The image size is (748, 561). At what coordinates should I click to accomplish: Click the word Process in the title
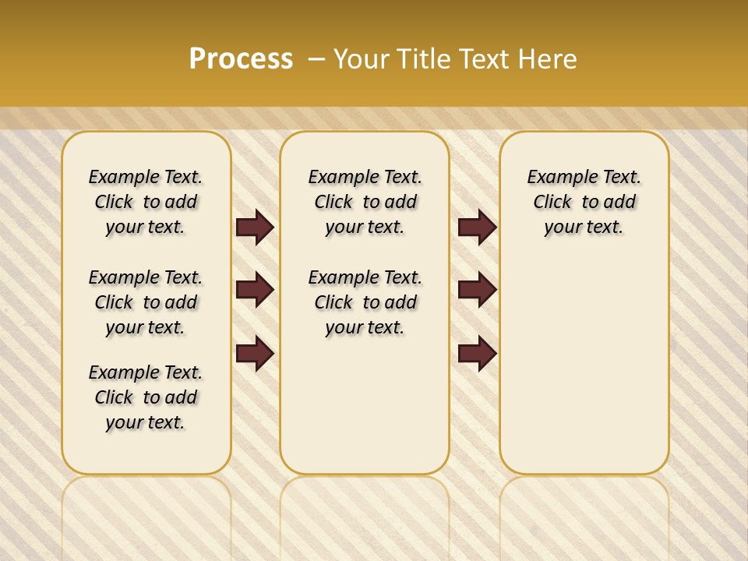pos(241,58)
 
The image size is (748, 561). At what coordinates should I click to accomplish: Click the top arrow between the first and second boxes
pos(255,227)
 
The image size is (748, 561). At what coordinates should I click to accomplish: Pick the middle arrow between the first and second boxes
pos(255,290)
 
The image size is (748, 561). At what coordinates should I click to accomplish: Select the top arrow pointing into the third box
pos(477,227)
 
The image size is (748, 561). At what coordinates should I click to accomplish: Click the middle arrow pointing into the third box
pos(477,290)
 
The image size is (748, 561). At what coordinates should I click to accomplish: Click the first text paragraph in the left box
pos(146,202)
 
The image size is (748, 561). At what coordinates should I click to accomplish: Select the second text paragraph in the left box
pos(146,302)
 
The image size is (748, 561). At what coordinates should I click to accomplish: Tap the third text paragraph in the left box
pos(146,397)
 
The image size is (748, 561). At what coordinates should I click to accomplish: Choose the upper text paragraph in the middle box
pos(365,202)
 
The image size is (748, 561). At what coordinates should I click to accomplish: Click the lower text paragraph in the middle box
pos(365,302)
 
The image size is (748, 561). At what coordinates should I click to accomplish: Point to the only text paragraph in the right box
pos(584,202)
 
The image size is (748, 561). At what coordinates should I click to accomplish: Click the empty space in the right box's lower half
pos(584,374)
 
